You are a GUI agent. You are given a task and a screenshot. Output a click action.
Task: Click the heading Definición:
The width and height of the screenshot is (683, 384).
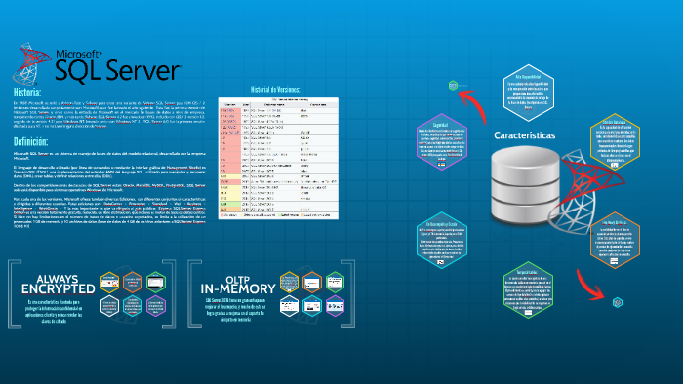(34, 141)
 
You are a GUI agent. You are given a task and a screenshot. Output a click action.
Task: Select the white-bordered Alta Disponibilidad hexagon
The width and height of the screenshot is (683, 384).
(529, 87)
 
